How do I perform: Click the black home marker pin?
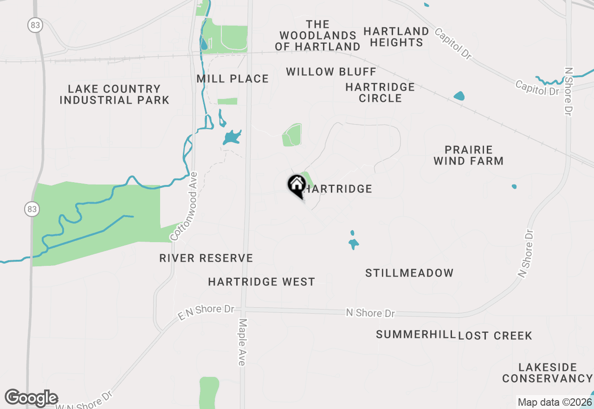click(x=296, y=186)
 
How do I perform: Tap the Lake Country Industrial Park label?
click(x=114, y=94)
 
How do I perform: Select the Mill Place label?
click(x=232, y=79)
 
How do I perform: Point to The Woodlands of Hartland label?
click(x=318, y=35)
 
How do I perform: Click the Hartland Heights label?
click(x=396, y=37)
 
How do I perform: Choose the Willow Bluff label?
click(x=331, y=72)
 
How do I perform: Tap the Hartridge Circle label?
click(x=380, y=92)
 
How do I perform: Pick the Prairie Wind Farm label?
click(x=468, y=155)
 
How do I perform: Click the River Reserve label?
click(x=206, y=258)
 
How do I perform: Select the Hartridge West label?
click(x=261, y=282)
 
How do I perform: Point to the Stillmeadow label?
click(x=409, y=273)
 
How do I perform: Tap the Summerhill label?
click(x=416, y=335)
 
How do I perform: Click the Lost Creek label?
click(x=495, y=336)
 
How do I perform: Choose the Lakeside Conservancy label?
click(x=548, y=373)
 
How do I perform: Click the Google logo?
click(x=31, y=398)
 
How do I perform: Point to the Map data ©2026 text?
click(x=555, y=402)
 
